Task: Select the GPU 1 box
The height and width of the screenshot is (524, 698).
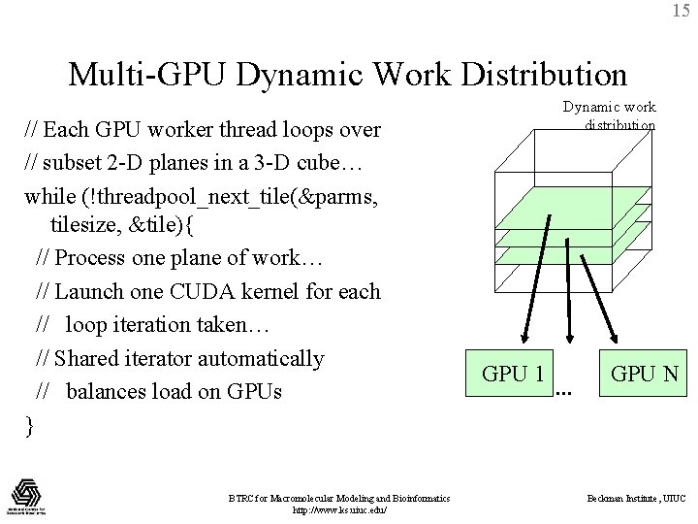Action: (513, 374)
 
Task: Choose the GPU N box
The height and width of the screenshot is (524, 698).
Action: (644, 374)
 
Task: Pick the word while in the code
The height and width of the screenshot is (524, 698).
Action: (48, 196)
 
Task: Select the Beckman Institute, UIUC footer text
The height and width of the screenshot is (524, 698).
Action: (637, 498)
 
